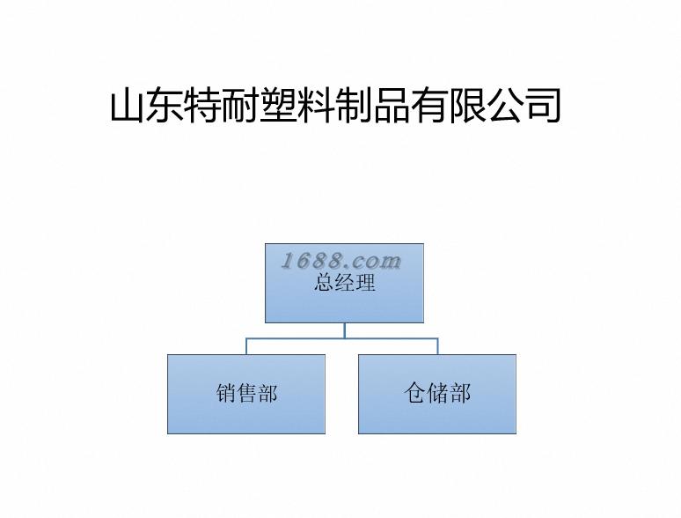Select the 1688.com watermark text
click(341, 261)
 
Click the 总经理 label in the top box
click(345, 283)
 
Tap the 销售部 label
click(246, 394)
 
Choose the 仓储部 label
click(437, 394)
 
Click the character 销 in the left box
click(226, 394)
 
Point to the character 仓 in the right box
click(415, 394)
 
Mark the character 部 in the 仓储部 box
click(460, 394)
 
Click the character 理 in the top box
click(365, 283)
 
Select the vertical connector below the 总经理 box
click(345, 330)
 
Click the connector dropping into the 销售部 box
click(246, 346)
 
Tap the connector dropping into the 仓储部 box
click(437, 346)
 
